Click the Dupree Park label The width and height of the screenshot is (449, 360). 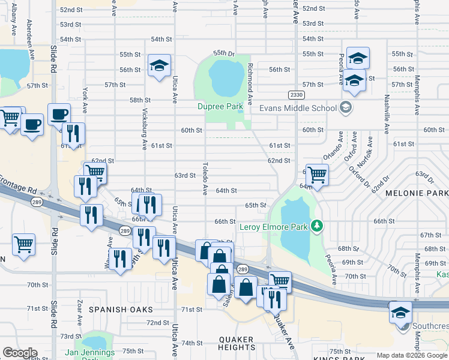coord(220,107)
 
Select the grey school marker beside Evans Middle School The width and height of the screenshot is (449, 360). coord(345,108)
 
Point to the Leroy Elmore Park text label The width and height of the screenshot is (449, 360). coord(273,227)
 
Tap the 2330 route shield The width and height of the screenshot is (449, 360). coord(296,94)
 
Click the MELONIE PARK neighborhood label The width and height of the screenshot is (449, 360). coord(417,194)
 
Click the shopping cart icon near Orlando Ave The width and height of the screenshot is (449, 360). coord(317,175)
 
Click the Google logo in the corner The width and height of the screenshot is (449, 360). coord(20,353)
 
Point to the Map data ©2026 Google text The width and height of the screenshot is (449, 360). coord(412,355)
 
